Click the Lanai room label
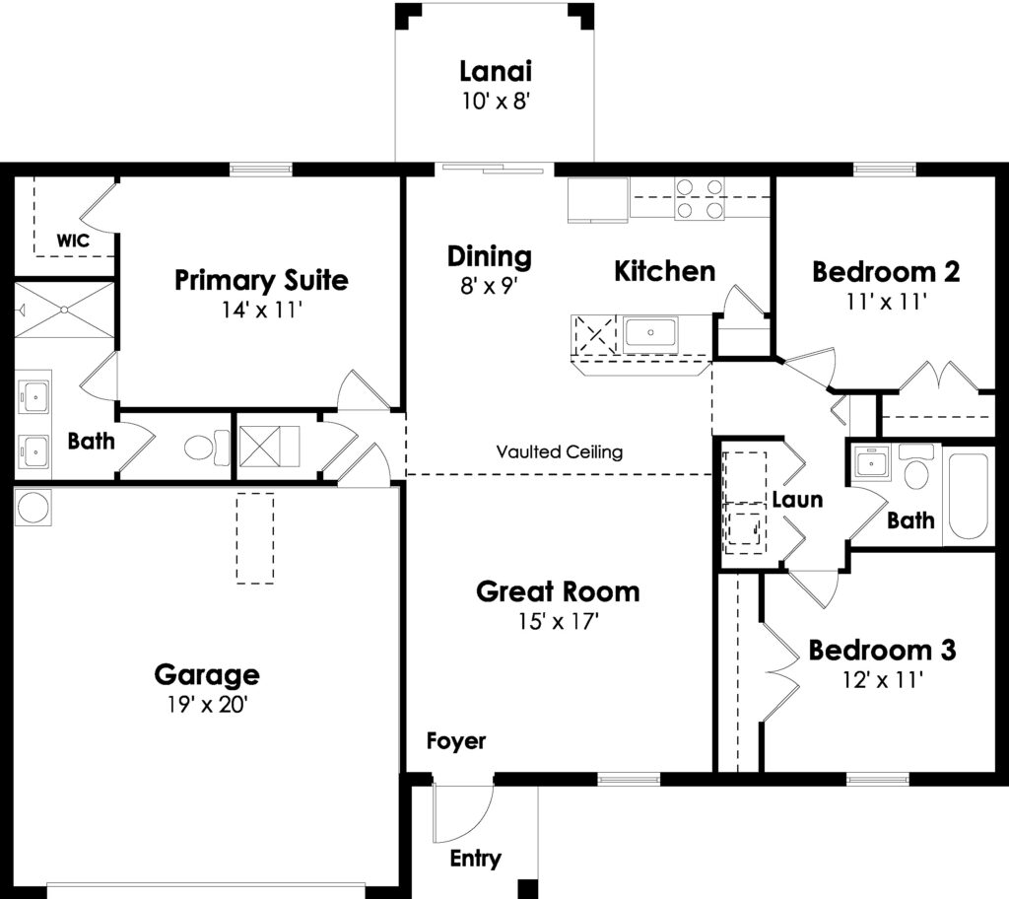tap(496, 71)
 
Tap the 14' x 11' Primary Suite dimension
tap(262, 310)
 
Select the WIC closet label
tap(73, 241)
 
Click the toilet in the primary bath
tap(207, 447)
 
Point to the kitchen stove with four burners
tap(699, 198)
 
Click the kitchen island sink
tap(650, 333)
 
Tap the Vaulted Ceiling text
tap(560, 451)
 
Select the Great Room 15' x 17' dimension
tap(559, 621)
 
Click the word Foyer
tap(456, 741)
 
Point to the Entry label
tap(476, 859)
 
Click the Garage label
tap(207, 675)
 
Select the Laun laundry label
tap(797, 500)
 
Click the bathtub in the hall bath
tap(969, 496)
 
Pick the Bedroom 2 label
tap(886, 272)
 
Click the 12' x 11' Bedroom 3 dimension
tap(883, 680)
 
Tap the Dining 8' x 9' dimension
tap(489, 285)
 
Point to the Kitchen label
tap(665, 271)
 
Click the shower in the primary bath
tap(64, 310)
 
